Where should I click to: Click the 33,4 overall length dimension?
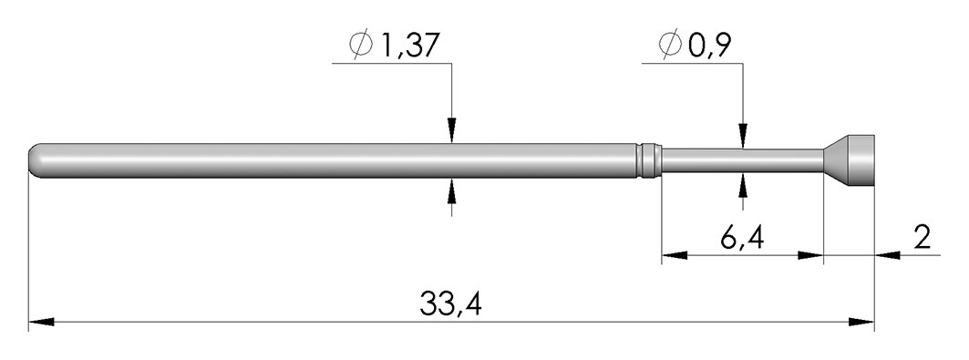(x=450, y=303)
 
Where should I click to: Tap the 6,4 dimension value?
(x=742, y=237)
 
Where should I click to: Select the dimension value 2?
(x=922, y=237)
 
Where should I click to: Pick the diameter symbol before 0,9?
(x=671, y=45)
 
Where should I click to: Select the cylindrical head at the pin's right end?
(x=861, y=160)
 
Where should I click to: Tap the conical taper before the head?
(x=834, y=160)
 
